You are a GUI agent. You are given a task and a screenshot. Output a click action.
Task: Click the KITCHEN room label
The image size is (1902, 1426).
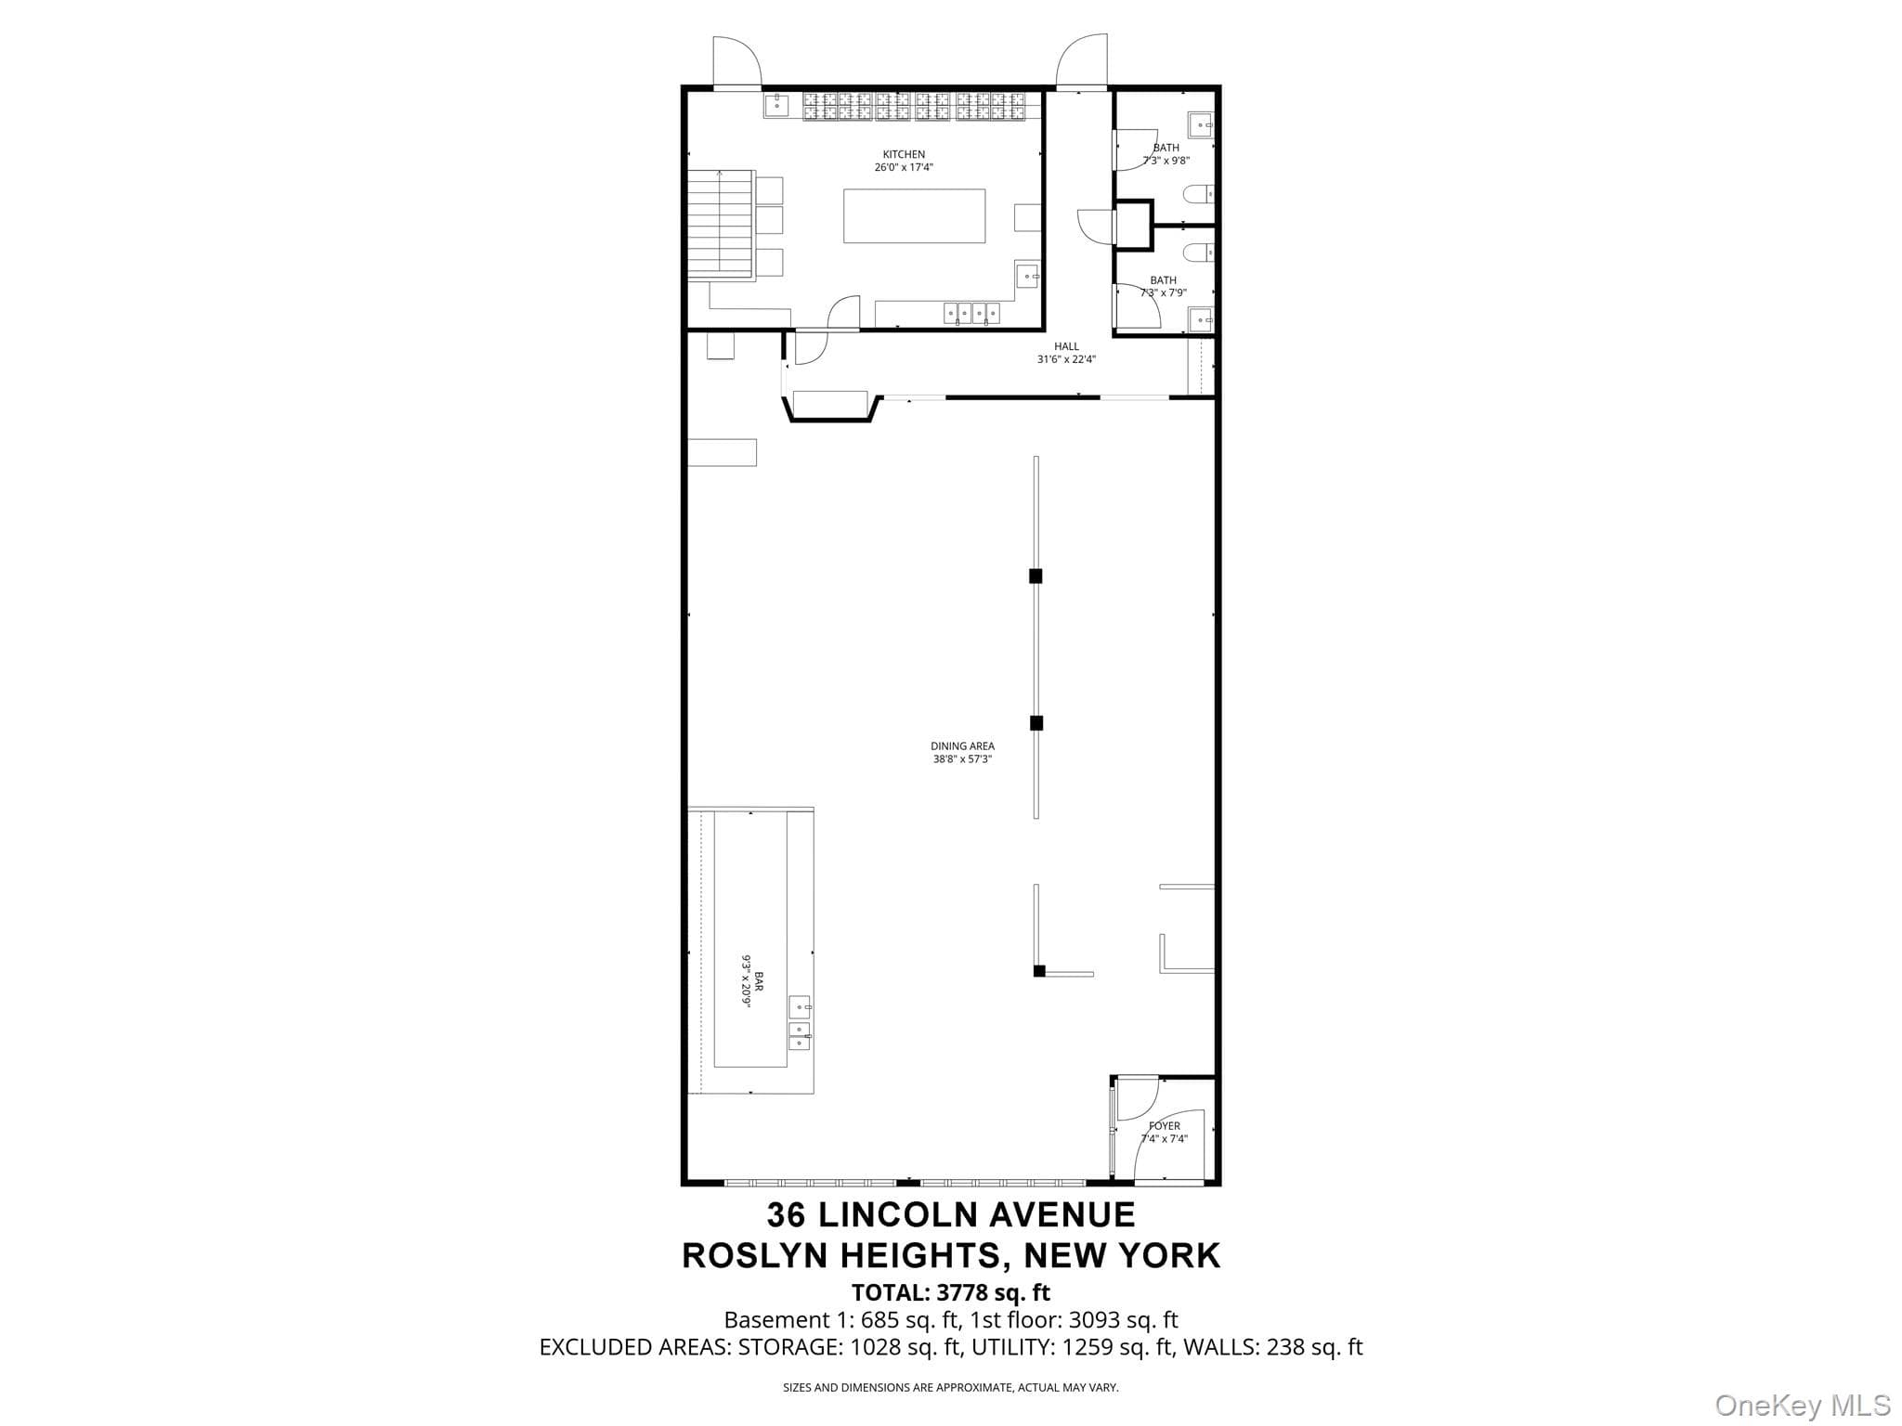tap(904, 154)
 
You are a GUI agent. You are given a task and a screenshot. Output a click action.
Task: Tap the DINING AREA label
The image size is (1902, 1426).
tap(962, 745)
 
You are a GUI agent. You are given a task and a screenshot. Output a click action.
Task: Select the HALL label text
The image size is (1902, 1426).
tap(1066, 346)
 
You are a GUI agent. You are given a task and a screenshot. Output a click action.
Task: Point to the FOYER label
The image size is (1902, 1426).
tap(1165, 1126)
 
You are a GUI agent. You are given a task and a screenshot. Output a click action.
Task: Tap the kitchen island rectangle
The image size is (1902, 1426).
tap(914, 215)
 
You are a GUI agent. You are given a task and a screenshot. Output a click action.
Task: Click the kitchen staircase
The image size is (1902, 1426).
tap(721, 224)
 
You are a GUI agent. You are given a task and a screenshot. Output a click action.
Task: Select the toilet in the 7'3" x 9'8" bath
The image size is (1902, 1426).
tap(1198, 195)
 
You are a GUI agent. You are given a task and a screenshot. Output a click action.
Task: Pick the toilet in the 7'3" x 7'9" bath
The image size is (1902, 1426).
tap(1198, 252)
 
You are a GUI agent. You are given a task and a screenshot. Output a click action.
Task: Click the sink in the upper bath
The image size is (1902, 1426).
tap(1201, 124)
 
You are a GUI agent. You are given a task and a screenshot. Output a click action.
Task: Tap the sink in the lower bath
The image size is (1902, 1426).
tap(1201, 319)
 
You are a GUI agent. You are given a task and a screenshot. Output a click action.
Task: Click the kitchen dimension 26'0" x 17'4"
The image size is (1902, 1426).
tap(904, 167)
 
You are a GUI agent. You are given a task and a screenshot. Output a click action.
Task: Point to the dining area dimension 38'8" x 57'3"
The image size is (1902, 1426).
tap(962, 758)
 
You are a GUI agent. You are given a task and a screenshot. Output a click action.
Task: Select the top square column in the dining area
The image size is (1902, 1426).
tap(1036, 576)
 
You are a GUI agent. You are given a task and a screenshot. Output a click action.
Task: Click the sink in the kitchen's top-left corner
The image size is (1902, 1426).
tap(776, 105)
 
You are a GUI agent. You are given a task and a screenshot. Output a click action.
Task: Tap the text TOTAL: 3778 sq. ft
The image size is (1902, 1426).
tap(951, 1292)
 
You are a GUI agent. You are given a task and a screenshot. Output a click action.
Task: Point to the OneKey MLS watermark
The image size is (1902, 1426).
tap(1802, 1405)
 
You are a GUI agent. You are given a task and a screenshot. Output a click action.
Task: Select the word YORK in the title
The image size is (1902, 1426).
tap(1169, 1255)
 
